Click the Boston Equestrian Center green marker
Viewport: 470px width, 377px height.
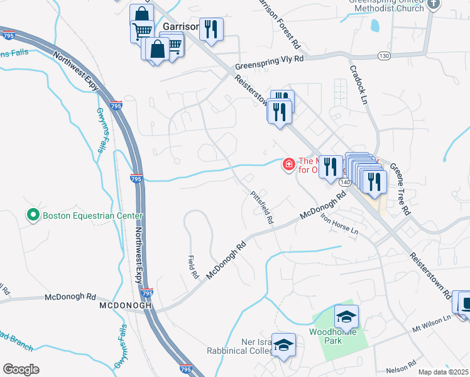[33, 216]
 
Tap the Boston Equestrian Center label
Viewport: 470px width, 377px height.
[92, 216]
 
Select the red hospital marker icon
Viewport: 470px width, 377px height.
[289, 165]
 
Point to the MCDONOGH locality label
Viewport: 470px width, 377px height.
[126, 305]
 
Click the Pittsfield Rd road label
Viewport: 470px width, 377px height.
[262, 208]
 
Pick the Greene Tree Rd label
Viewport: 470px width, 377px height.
[398, 188]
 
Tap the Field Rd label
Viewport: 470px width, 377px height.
[193, 266]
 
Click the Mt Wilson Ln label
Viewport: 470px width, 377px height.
[432, 323]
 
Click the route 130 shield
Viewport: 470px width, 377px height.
[384, 56]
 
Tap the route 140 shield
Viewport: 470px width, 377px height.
[344, 182]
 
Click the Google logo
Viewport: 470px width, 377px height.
[21, 369]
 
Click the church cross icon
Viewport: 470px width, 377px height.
[433, 4]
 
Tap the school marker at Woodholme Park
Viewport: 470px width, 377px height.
[346, 315]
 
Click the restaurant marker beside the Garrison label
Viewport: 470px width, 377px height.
[211, 29]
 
